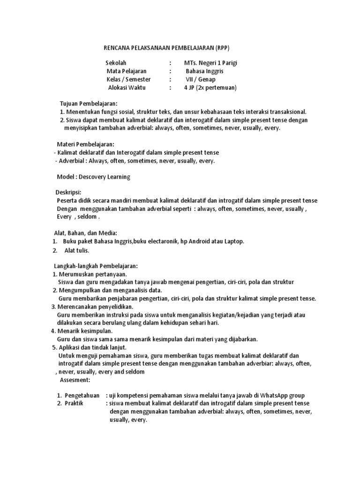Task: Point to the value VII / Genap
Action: click(201, 79)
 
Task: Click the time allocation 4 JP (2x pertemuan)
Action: click(210, 88)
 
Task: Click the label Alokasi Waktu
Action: click(127, 88)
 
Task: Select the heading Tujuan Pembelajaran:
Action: click(89, 103)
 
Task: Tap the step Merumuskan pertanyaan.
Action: click(93, 274)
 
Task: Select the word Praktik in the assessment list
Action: click(74, 404)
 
